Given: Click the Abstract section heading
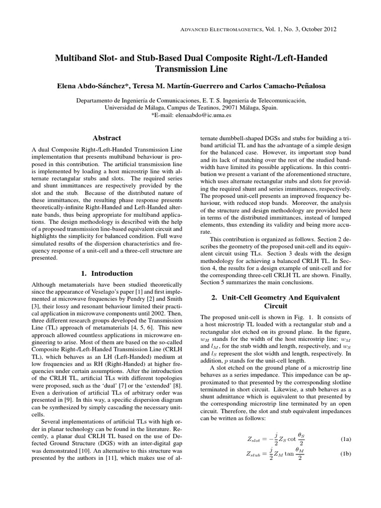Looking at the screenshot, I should tap(107, 138).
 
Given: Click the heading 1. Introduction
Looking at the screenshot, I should tap(107, 273).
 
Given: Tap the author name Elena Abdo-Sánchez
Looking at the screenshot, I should tap(94, 86).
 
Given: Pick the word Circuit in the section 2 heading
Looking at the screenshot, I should tap(275, 306).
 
